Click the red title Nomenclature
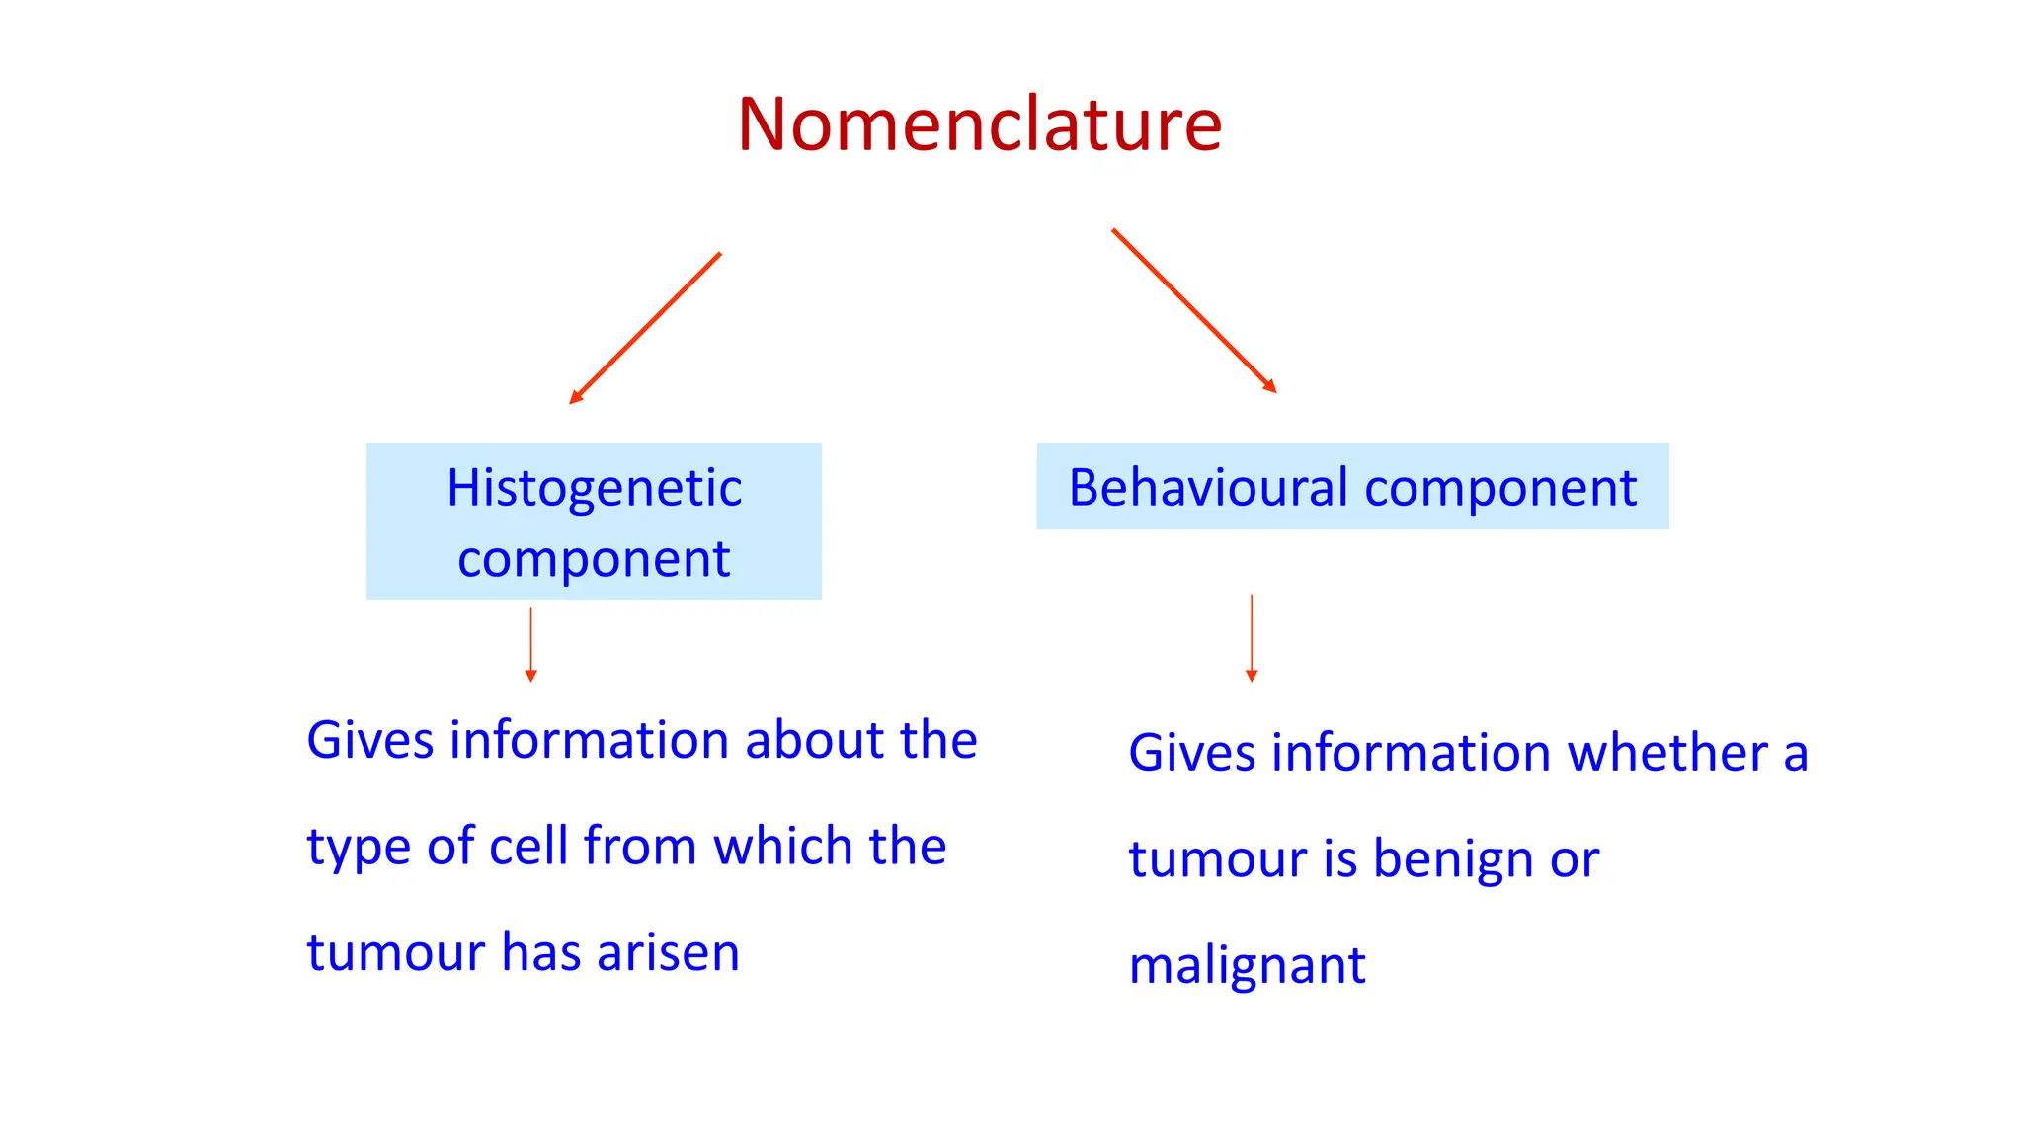point(979,124)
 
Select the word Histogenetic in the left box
point(594,488)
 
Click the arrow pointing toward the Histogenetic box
point(645,328)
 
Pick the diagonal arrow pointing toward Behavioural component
point(1194,311)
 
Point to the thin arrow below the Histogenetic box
point(530,644)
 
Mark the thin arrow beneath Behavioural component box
point(1252,638)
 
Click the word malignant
point(1247,966)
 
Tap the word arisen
point(668,953)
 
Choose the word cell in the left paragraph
point(528,847)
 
